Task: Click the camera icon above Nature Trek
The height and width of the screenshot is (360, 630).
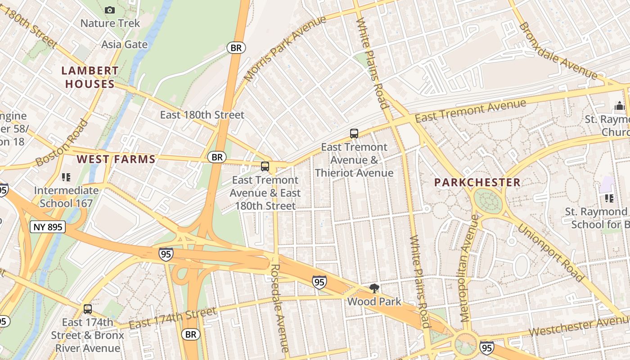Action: [109, 10]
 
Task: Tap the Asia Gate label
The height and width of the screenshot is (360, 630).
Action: [124, 45]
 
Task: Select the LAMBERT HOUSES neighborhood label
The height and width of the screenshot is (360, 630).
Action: [90, 77]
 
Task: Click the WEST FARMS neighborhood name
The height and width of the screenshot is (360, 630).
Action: [116, 159]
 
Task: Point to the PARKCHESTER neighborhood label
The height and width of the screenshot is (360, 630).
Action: [477, 183]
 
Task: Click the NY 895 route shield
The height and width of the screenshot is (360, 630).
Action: [48, 227]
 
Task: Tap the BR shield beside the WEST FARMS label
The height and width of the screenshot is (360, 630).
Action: [217, 157]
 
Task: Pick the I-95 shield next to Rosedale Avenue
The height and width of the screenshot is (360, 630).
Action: [319, 282]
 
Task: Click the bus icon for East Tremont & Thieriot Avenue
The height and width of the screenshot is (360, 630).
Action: [354, 134]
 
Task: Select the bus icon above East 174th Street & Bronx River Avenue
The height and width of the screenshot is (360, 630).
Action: [88, 309]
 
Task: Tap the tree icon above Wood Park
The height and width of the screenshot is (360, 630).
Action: [373, 288]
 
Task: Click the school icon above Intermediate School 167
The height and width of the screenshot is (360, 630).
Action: [66, 177]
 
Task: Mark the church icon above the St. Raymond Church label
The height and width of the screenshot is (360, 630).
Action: [619, 107]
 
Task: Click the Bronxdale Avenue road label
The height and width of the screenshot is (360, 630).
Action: [558, 50]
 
